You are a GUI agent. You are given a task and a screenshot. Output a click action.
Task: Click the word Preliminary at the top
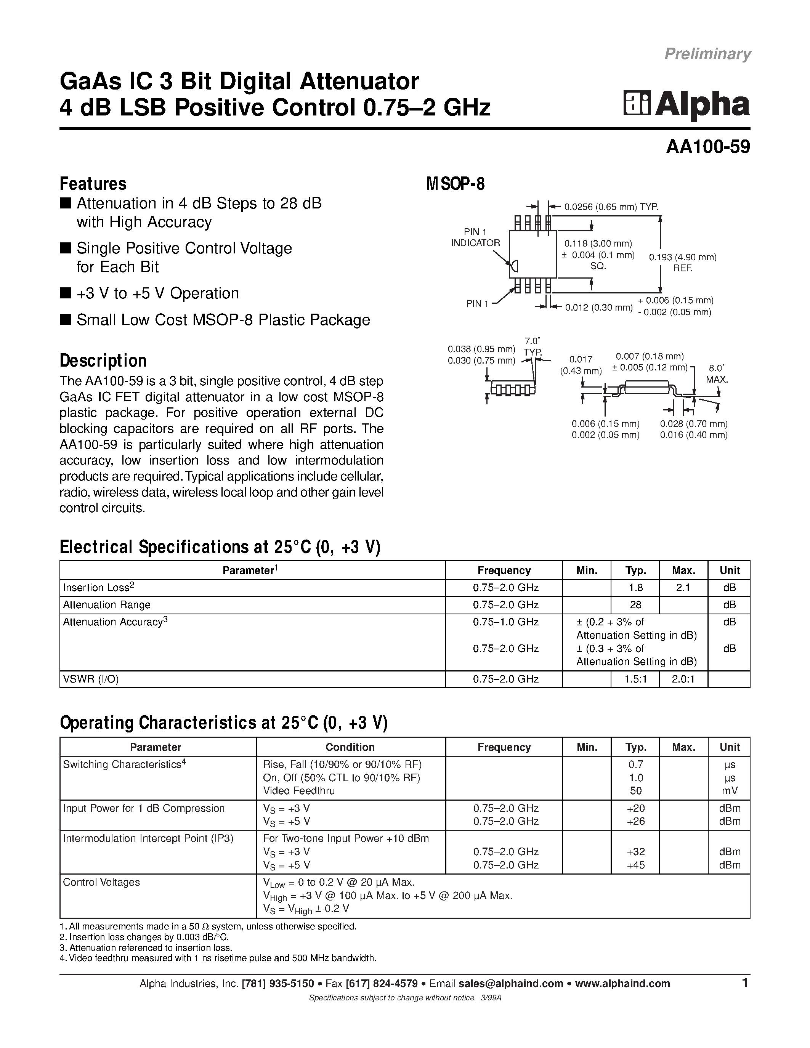point(707,54)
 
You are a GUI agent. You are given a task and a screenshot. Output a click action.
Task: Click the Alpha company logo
point(686,104)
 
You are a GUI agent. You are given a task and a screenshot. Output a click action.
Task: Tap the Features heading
point(93,184)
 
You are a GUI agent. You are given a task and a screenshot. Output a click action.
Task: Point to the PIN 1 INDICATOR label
point(475,237)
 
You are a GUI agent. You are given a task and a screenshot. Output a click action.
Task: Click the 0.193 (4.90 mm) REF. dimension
point(682,263)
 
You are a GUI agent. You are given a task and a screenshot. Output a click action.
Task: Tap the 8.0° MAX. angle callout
point(717,373)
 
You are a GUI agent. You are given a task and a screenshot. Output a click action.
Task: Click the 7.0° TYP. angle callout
point(532,346)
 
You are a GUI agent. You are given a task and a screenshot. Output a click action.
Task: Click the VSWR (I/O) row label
point(91,679)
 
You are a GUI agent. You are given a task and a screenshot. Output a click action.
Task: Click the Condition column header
point(350,747)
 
